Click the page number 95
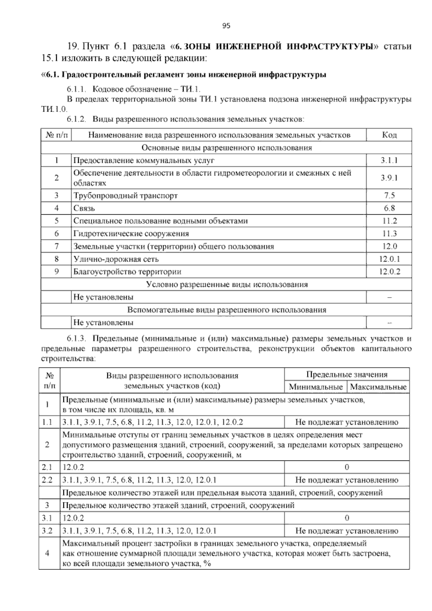point(226,26)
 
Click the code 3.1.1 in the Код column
point(389,160)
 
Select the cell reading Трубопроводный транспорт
point(126,196)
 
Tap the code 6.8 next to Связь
point(389,208)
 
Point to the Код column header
point(389,135)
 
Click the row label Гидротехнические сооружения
point(131,234)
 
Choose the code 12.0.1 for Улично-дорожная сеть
point(389,259)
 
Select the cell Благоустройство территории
point(127,272)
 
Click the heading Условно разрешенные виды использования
point(227,284)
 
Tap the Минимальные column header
point(316,387)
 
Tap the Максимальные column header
point(378,387)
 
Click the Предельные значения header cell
point(347,374)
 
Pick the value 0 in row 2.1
point(347,467)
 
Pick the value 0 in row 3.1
point(347,518)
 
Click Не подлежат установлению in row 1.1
point(347,422)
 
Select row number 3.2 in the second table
point(47,531)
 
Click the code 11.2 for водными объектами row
point(389,221)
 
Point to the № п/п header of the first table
point(56,135)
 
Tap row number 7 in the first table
point(56,246)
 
